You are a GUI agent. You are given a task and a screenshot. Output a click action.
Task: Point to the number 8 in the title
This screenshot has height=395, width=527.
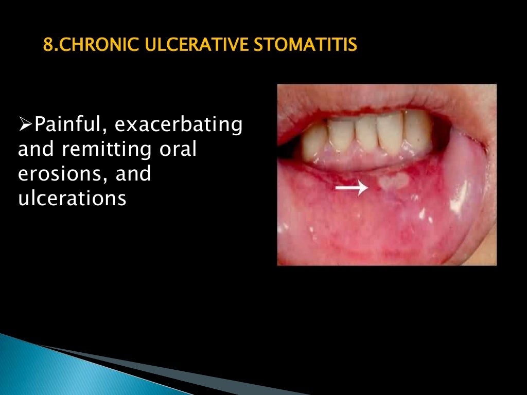pos(47,45)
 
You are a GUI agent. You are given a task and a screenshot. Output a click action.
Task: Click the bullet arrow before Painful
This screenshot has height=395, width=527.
pos(25,124)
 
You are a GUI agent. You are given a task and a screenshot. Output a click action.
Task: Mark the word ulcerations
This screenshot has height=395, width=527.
pos(72,198)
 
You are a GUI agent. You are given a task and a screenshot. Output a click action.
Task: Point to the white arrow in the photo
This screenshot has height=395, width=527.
pos(352,189)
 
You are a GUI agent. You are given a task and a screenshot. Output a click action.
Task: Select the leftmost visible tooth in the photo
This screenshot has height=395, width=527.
pos(314,141)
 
